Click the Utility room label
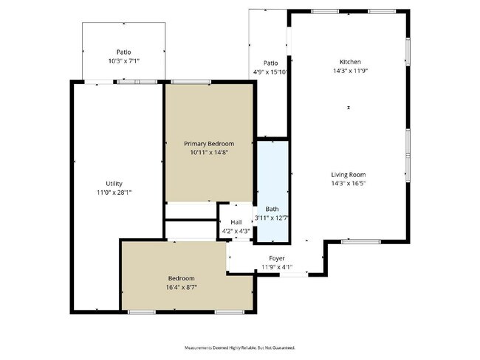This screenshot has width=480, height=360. tap(114, 184)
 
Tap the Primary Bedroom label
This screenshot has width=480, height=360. tap(209, 143)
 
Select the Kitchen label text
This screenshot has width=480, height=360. tap(350, 62)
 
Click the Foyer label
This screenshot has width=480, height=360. tap(277, 258)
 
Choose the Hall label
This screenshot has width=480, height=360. tap(236, 222)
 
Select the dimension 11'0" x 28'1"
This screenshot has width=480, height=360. tap(114, 192)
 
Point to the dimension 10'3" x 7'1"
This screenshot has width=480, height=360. tap(123, 60)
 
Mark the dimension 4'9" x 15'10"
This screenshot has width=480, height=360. tap(271, 72)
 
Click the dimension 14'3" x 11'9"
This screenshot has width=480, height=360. tap(350, 71)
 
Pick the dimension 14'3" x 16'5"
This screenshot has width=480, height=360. tap(348, 183)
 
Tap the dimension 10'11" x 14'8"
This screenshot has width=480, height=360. tap(209, 152)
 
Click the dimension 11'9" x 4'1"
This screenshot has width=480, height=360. tap(277, 267)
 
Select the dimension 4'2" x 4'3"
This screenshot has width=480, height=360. tap(236, 231)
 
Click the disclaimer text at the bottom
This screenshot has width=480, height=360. tap(239, 347)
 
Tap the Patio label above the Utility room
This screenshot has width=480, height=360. tap(123, 52)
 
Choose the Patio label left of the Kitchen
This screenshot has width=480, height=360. tap(271, 63)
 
